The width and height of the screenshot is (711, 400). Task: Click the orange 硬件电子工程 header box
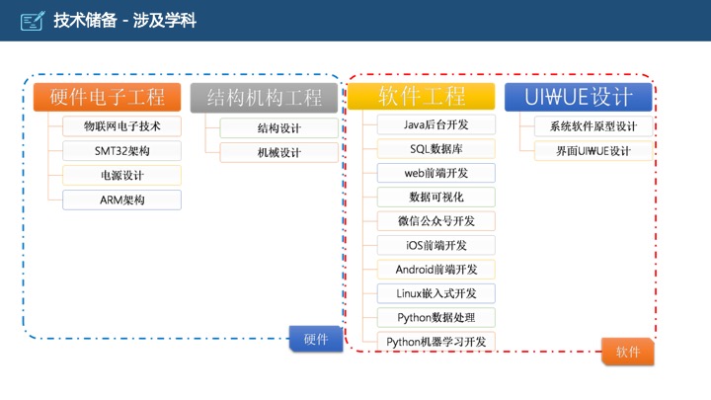pos(107,97)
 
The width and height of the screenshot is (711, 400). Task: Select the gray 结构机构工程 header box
pos(264,97)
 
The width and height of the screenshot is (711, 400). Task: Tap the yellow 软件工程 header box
pos(422,97)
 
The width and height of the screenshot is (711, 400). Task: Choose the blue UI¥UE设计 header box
pos(579,97)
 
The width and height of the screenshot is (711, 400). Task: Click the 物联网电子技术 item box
pos(121,126)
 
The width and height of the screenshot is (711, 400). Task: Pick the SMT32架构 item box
pos(121,151)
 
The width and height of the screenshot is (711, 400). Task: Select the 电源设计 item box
pos(121,176)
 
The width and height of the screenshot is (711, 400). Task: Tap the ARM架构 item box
pos(121,200)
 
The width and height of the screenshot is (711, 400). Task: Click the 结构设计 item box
pos(278,127)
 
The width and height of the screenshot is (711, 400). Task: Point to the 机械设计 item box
pos(278,152)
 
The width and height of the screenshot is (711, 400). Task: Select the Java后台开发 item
pos(435,124)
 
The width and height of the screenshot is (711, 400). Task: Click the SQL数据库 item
pos(435,149)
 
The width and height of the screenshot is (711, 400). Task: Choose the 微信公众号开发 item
pos(435,221)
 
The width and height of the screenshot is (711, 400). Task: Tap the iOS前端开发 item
pos(435,245)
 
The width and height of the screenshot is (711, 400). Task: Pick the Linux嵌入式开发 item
pos(435,293)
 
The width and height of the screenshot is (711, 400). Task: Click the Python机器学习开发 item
pos(435,342)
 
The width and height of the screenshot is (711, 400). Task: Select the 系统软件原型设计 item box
pos(592,126)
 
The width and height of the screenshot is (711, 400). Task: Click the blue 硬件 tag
pos(316,339)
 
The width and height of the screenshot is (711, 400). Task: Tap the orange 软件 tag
pos(628,352)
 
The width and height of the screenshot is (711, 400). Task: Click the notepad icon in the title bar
pos(33,20)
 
